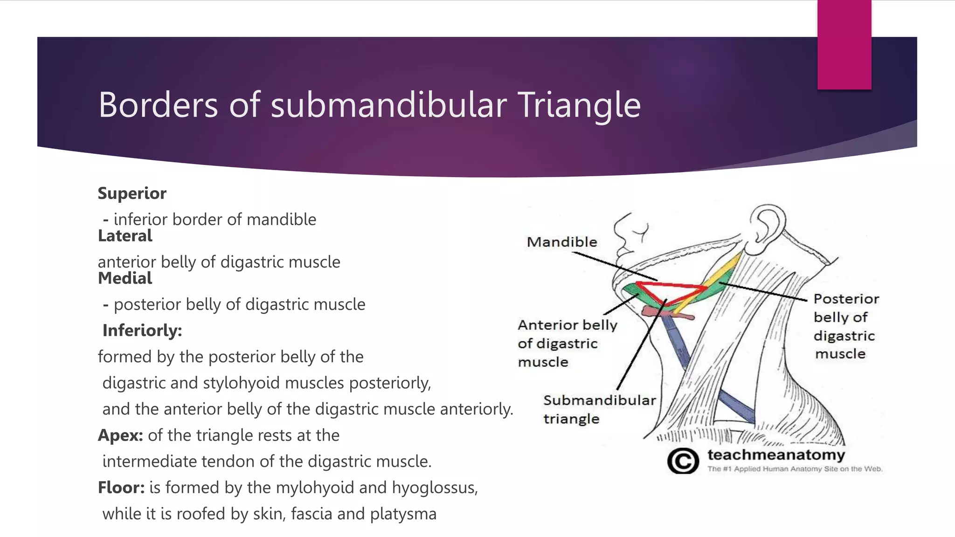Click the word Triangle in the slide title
(x=579, y=105)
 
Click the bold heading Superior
(x=132, y=193)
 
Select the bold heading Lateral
(x=125, y=236)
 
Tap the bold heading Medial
(x=125, y=278)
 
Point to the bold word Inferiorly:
(x=142, y=330)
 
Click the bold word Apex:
(x=120, y=435)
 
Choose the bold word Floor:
(x=121, y=488)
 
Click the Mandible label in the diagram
(x=562, y=242)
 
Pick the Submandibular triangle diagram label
(x=599, y=409)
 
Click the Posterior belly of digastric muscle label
(x=845, y=326)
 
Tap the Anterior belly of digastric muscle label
(x=567, y=344)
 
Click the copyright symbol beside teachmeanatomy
(x=683, y=461)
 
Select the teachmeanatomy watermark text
(x=775, y=454)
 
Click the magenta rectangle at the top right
(x=844, y=44)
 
